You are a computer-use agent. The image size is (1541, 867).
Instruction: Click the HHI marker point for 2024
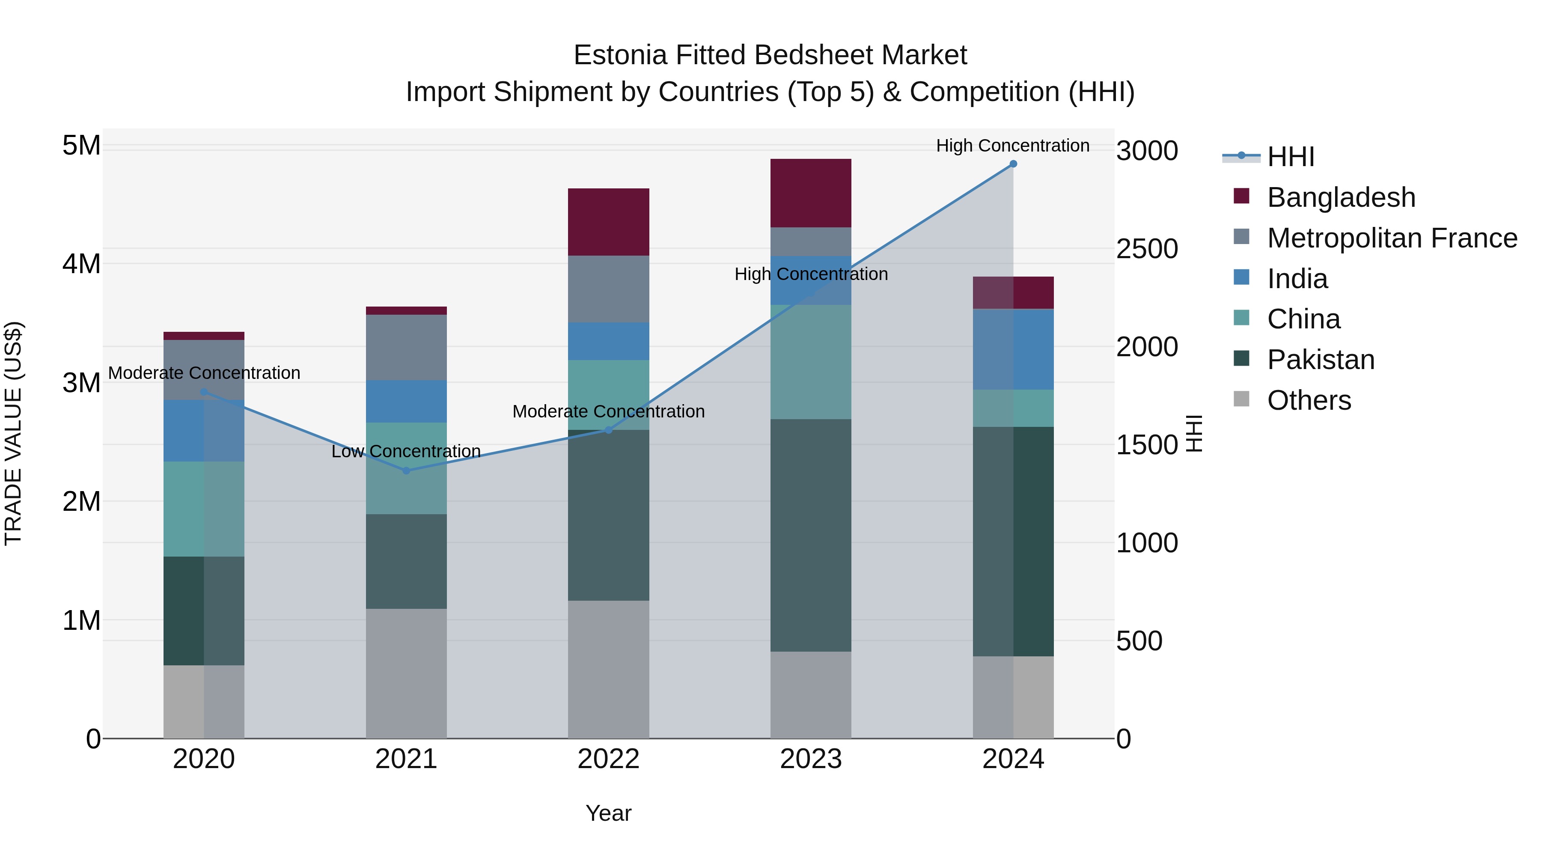[x=1013, y=164]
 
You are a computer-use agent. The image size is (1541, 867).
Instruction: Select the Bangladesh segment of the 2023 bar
[x=811, y=193]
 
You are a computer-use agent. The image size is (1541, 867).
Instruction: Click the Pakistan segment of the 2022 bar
[x=608, y=515]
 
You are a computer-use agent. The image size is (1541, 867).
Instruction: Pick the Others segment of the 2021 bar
[x=406, y=673]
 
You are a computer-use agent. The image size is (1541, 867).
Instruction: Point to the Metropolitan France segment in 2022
[x=608, y=289]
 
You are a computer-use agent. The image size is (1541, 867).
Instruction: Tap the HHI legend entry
[x=1290, y=157]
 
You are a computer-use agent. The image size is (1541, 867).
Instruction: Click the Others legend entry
[x=1308, y=400]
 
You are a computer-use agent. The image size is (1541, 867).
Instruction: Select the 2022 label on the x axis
[x=608, y=759]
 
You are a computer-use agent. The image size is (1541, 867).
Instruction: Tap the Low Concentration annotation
[x=406, y=451]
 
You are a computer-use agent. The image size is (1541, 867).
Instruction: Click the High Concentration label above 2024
[x=1012, y=146]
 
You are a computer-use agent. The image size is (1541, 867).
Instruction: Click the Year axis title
[x=608, y=813]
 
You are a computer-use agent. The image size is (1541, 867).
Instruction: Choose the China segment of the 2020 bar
[x=203, y=509]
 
